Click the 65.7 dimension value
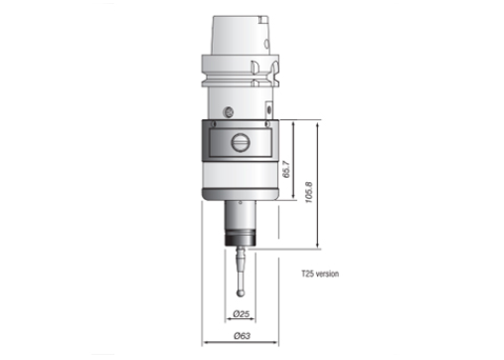287,169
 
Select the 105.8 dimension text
308,192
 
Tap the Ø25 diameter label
241,313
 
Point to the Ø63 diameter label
242,336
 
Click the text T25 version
320,273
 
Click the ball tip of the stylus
240,293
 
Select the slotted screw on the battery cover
241,143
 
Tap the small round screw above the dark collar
229,112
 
